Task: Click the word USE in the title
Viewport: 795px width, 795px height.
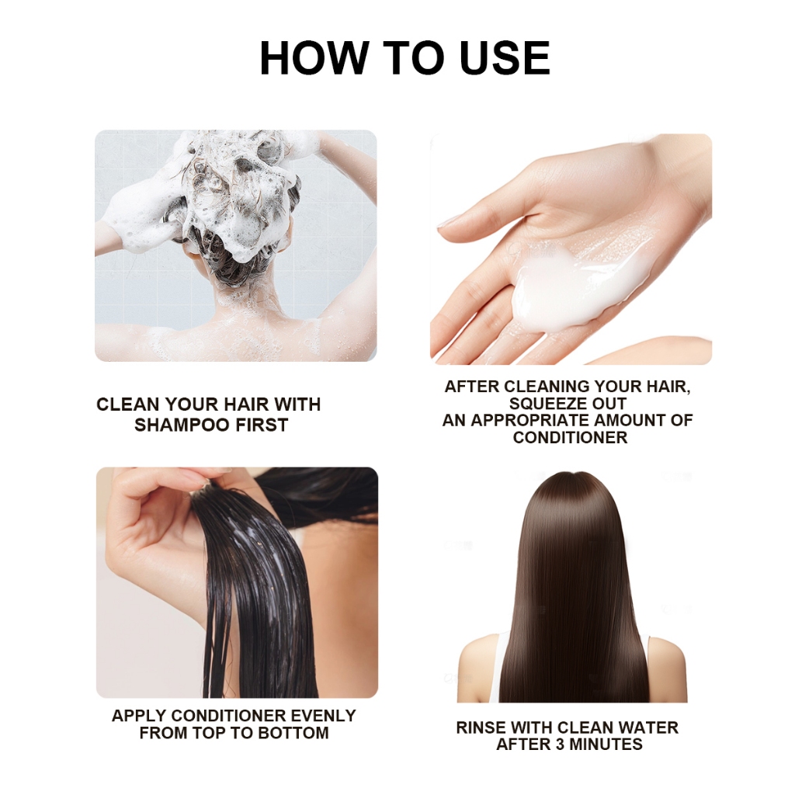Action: coord(505,57)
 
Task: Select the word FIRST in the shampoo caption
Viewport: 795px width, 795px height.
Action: coord(262,425)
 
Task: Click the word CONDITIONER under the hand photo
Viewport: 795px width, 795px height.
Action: coord(570,437)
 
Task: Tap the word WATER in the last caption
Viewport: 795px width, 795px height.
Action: coord(648,727)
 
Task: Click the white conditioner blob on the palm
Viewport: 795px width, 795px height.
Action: coord(563,294)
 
